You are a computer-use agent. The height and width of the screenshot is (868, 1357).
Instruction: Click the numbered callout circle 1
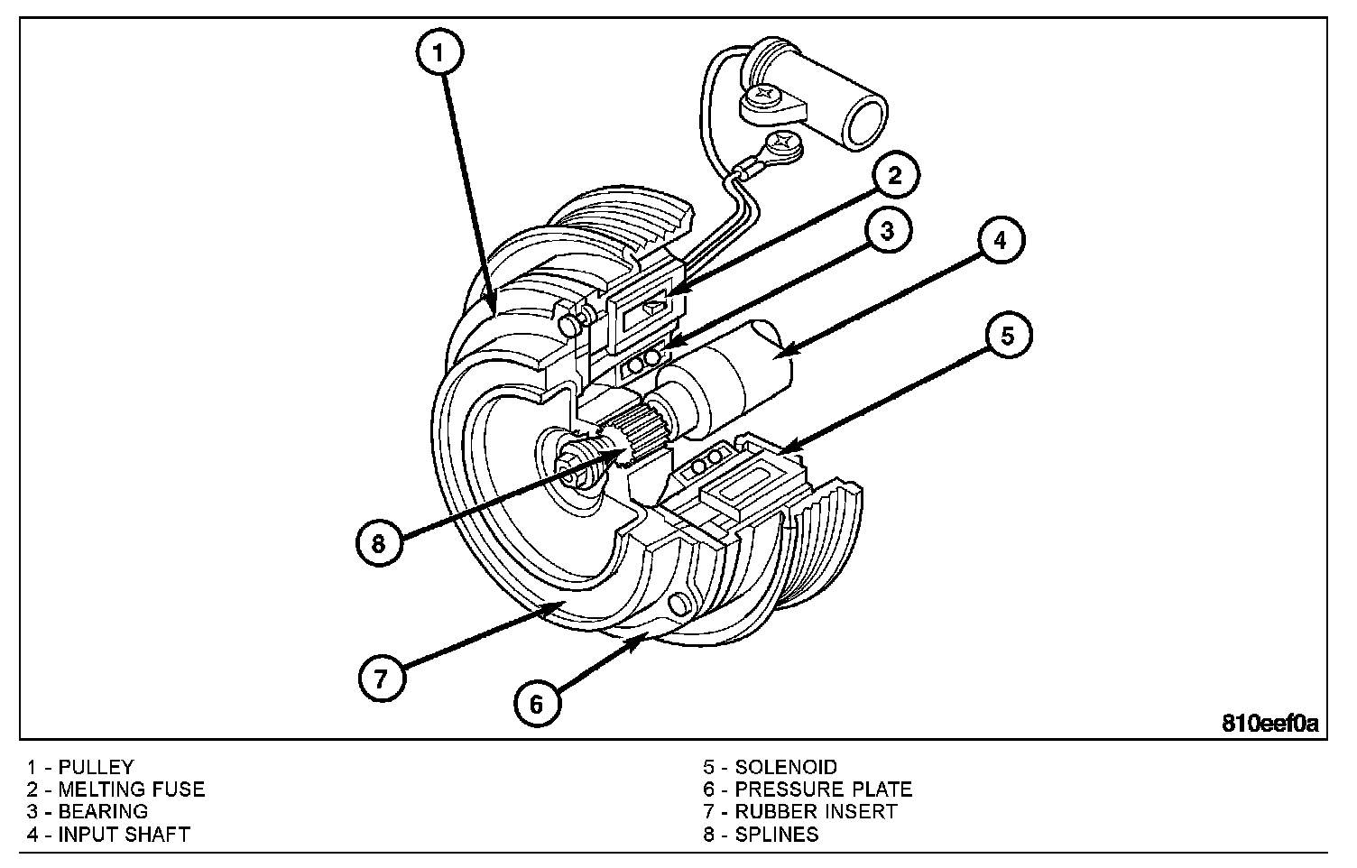click(x=439, y=52)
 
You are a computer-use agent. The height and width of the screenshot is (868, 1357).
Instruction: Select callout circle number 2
click(x=893, y=176)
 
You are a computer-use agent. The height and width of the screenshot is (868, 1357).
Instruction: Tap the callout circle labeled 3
click(x=887, y=231)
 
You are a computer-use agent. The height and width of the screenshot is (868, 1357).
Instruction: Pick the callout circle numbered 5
click(x=1007, y=336)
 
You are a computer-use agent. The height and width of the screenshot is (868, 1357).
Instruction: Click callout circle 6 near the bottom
click(x=537, y=703)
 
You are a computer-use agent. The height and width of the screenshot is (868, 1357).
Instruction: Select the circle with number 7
click(x=380, y=678)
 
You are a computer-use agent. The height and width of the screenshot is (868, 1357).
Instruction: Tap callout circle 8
click(x=378, y=543)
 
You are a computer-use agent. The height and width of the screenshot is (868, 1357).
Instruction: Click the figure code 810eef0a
click(x=1270, y=723)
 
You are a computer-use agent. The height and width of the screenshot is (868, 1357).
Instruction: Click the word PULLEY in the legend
click(x=96, y=768)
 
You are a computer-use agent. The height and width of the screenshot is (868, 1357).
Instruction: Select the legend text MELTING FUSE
click(x=132, y=790)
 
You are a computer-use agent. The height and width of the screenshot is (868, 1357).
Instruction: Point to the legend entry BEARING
click(x=103, y=811)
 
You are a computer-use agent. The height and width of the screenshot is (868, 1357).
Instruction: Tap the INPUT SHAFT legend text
click(x=124, y=834)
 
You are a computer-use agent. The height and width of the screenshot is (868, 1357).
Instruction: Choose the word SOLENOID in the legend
click(x=786, y=768)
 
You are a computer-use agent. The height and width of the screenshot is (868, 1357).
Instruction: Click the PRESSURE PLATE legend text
click(x=823, y=790)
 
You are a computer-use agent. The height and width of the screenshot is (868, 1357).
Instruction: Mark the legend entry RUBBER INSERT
click(x=816, y=811)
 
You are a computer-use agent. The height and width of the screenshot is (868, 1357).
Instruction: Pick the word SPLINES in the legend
click(x=777, y=834)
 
